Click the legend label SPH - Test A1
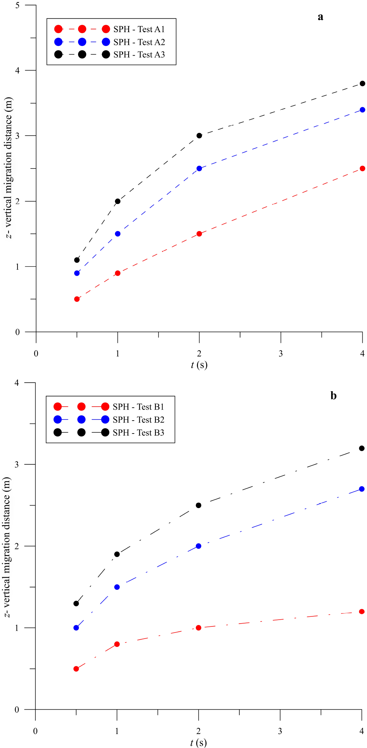click(139, 29)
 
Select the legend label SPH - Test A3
click(139, 55)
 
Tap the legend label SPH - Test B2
click(138, 420)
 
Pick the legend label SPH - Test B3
click(138, 433)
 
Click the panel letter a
click(320, 17)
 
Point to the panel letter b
click(333, 396)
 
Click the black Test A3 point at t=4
click(362, 84)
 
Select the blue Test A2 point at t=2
click(199, 169)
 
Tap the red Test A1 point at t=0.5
click(77, 299)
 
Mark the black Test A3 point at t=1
click(117, 201)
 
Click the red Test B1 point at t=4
click(362, 612)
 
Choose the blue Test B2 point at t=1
click(117, 587)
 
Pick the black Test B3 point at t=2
click(198, 505)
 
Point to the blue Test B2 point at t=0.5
click(76, 628)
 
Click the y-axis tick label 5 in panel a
click(17, 5)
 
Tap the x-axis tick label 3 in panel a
click(281, 354)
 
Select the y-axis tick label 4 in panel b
click(16, 383)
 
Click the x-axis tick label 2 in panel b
click(198, 732)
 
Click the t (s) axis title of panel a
click(199, 365)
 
